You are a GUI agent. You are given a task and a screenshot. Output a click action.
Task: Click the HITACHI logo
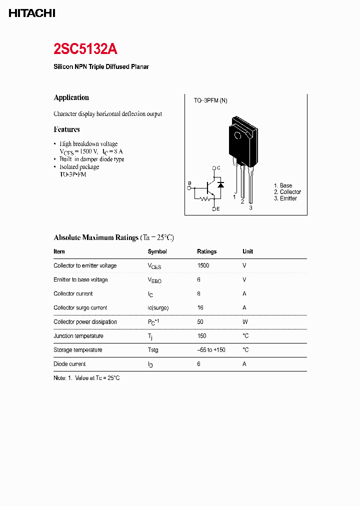[32, 13]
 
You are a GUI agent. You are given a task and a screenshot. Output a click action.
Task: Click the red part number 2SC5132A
[85, 49]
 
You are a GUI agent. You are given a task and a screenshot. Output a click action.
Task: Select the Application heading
[71, 97]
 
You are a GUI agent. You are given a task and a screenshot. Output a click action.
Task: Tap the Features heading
[66, 129]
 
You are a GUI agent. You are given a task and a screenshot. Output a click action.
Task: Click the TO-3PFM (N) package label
[210, 100]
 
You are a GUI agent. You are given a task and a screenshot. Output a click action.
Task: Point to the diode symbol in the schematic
[221, 184]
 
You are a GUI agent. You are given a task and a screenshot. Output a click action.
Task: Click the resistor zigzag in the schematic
[204, 199]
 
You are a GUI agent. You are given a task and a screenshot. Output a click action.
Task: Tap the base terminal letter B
[189, 183]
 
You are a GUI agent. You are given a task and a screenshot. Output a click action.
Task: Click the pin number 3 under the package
[250, 207]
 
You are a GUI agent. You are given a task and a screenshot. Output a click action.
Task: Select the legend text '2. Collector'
[287, 192]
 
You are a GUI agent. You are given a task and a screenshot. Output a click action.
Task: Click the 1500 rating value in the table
[203, 265]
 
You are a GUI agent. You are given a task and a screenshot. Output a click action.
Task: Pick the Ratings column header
[206, 251]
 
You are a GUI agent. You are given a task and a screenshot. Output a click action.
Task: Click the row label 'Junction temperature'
[78, 336]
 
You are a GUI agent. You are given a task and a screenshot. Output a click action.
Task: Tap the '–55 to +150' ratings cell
[211, 350]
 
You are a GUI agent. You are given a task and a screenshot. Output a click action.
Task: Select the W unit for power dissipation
[245, 322]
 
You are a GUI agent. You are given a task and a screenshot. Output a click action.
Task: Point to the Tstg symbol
[153, 350]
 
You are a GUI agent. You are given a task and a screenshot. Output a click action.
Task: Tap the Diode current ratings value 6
[198, 364]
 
